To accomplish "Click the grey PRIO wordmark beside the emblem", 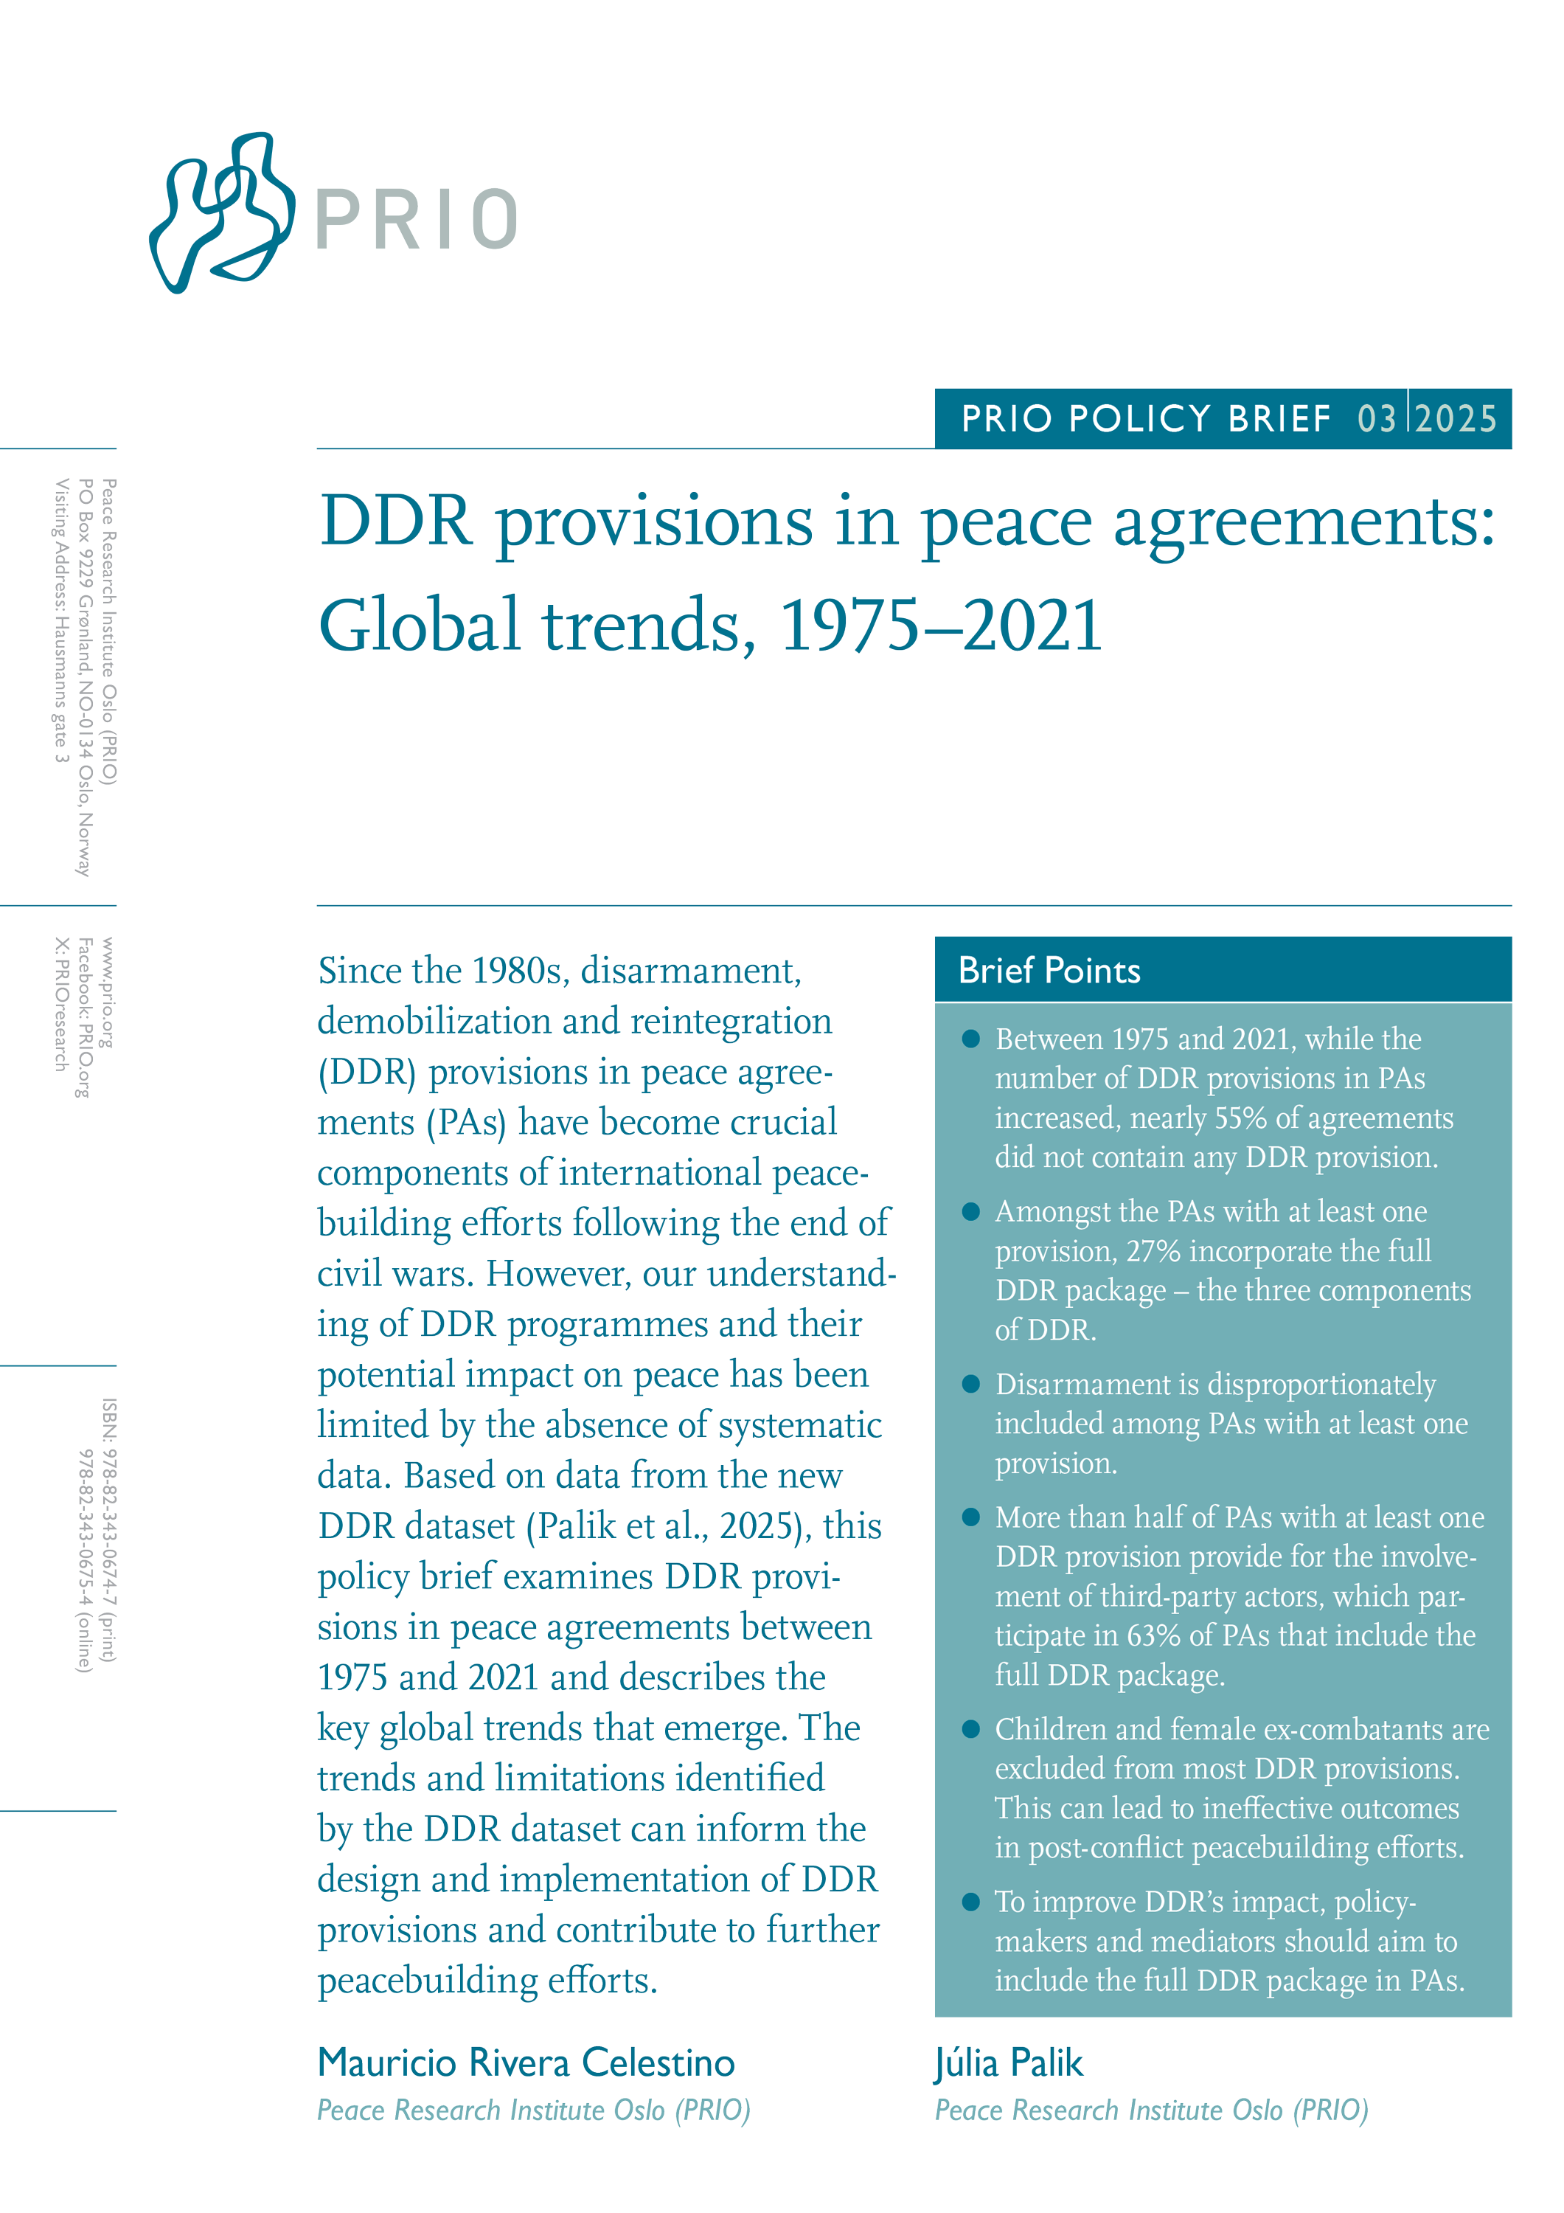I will pyautogui.click(x=417, y=220).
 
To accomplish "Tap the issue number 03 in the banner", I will pyautogui.click(x=1376, y=419).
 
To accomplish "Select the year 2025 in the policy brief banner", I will pyautogui.click(x=1456, y=419).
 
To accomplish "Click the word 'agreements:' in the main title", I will pyautogui.click(x=1304, y=523).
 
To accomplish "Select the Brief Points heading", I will pyautogui.click(x=1049, y=971).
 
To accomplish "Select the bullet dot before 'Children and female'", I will pyautogui.click(x=971, y=1729).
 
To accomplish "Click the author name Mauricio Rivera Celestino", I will pyautogui.click(x=526, y=2063).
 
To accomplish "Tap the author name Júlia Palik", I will pyautogui.click(x=1008, y=2063).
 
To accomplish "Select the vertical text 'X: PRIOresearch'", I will pyautogui.click(x=60, y=1004).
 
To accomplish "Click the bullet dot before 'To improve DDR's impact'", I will pyautogui.click(x=971, y=1902).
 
